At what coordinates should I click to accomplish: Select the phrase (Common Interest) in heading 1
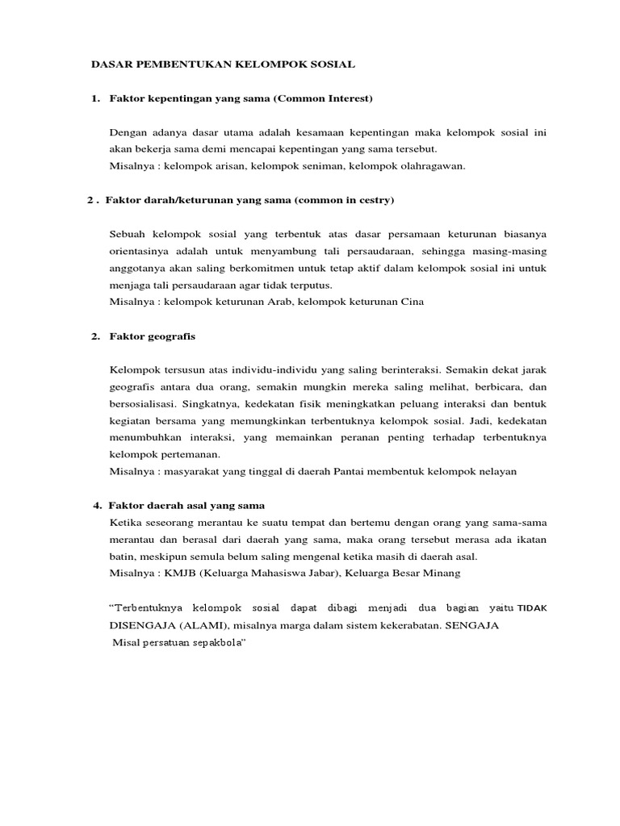pos(323,98)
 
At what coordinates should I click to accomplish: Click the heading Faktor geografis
pos(153,336)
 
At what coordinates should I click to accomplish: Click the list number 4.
pos(97,506)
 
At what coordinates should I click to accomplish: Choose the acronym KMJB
pos(176,573)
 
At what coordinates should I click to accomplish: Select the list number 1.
pos(95,98)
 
